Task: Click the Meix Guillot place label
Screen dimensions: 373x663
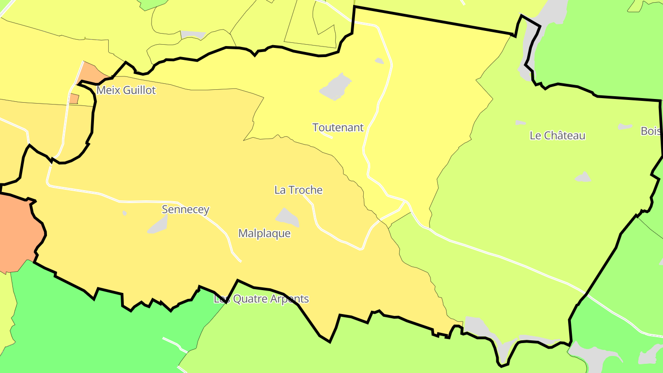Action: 126,90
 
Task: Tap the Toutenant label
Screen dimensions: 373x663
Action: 338,128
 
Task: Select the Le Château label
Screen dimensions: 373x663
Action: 557,135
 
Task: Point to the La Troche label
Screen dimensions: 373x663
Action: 298,190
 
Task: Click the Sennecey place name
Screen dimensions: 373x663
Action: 186,210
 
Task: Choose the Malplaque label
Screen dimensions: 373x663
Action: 264,233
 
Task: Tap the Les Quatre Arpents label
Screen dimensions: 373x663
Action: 261,299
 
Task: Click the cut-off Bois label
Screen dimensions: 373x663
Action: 651,131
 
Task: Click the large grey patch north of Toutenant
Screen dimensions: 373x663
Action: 336,87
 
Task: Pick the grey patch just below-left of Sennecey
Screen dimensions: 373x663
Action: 158,225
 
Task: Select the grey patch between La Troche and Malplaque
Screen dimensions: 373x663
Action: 288,217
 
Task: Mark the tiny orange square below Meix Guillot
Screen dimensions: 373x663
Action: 74,99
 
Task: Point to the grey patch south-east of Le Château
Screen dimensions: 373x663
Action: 583,177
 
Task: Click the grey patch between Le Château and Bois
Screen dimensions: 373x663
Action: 625,126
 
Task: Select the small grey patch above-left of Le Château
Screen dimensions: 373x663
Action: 520,122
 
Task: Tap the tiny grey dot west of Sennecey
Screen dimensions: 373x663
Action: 125,213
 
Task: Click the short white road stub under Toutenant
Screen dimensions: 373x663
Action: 326,136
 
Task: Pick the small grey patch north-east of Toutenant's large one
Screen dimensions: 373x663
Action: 379,61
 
